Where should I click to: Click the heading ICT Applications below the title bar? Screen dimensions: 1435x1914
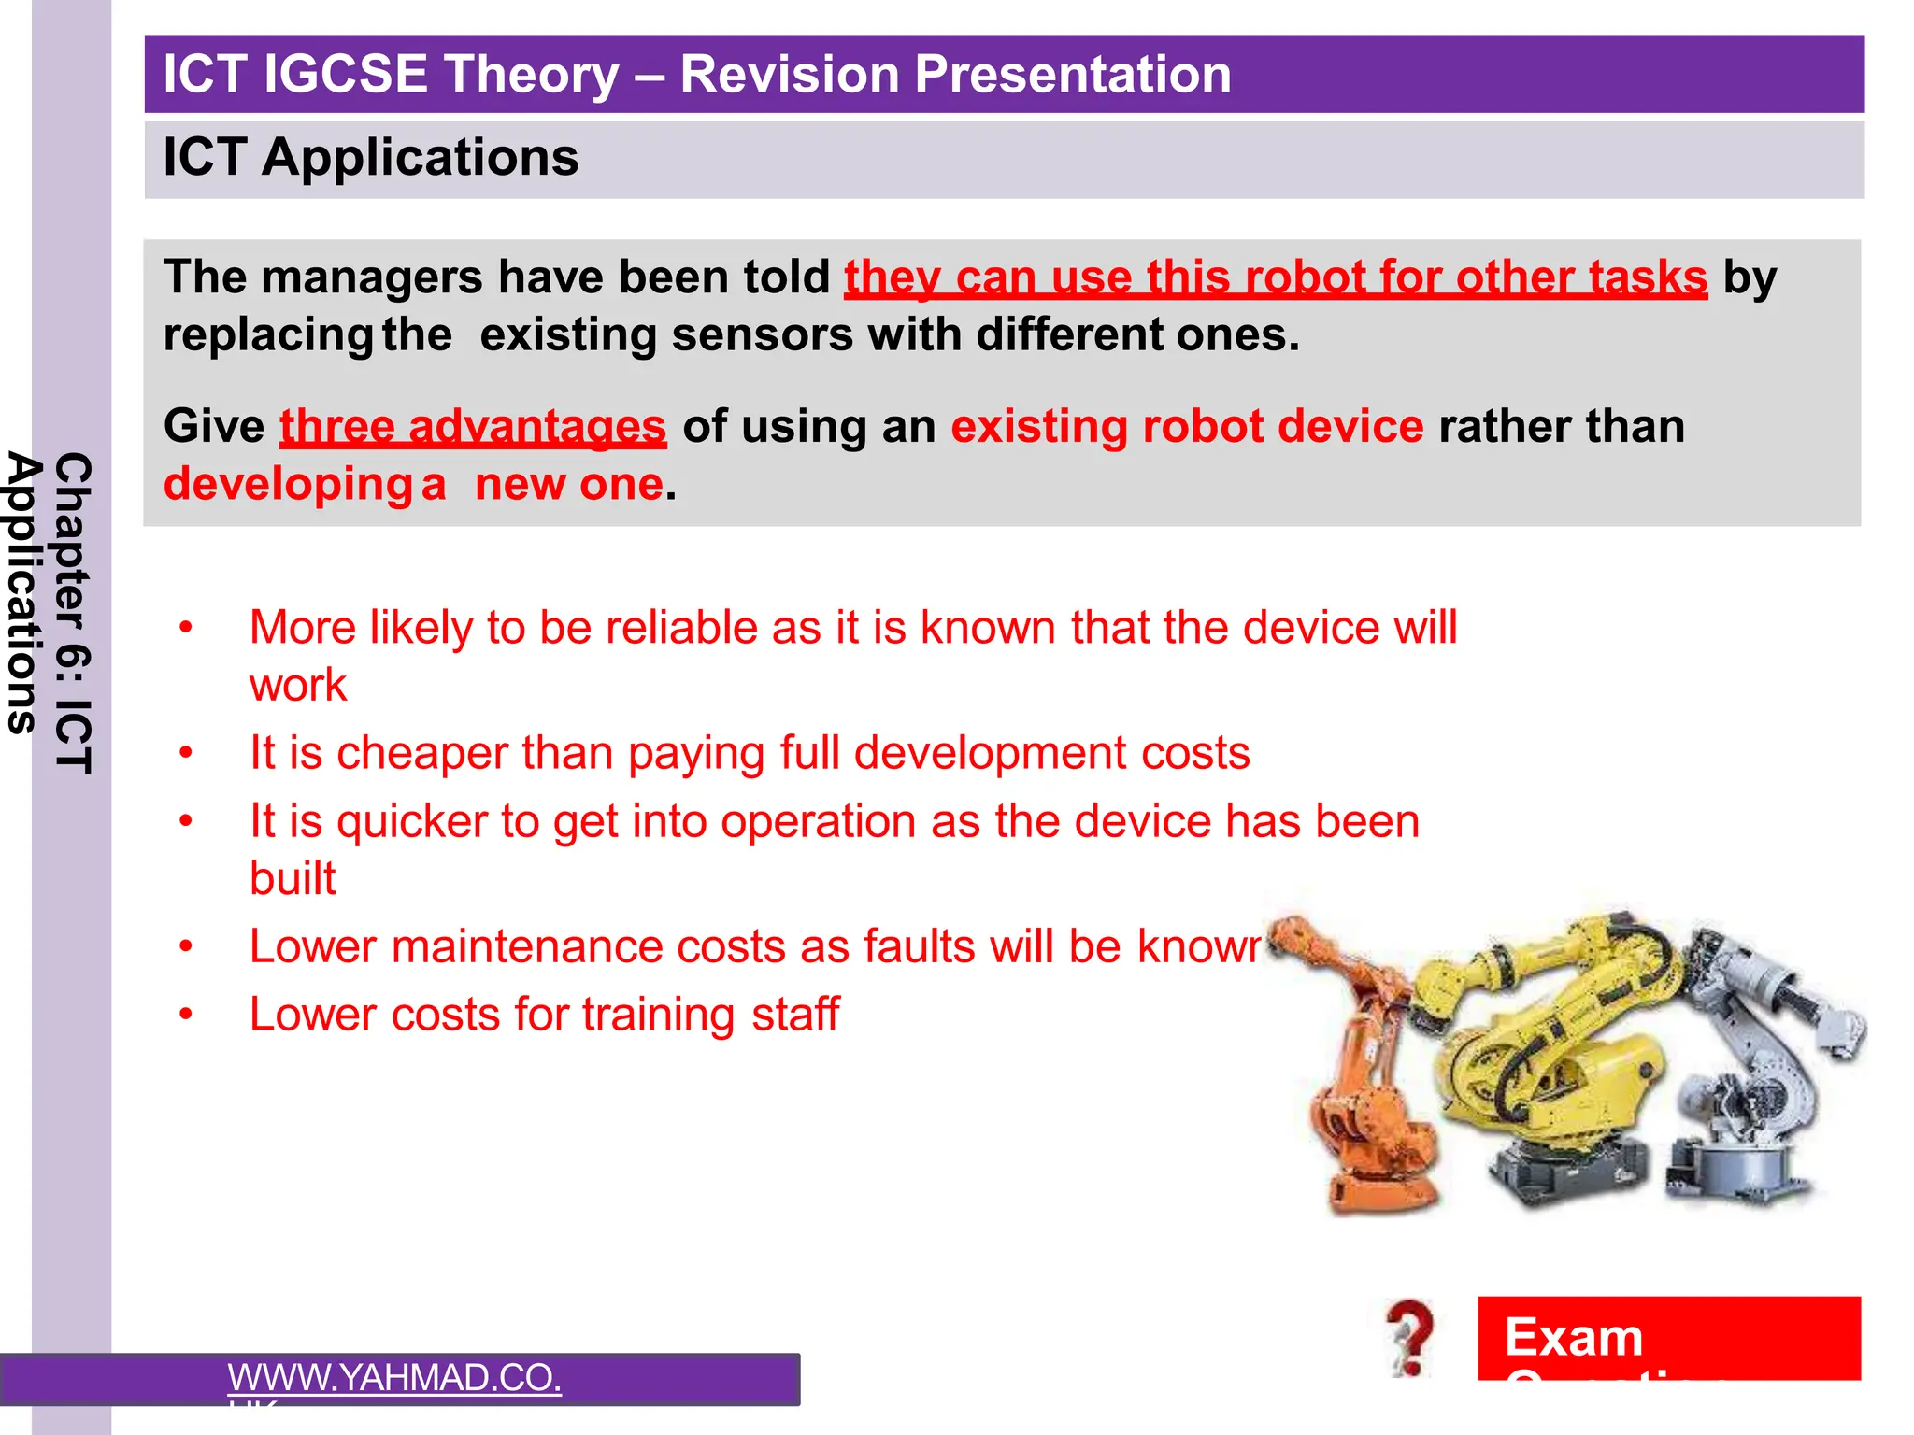pyautogui.click(x=370, y=157)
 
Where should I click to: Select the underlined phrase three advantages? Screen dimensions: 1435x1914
pyautogui.click(x=473, y=427)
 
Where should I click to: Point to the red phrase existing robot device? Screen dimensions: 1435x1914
pyautogui.click(x=1187, y=427)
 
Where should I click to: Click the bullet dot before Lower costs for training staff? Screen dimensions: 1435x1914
pyautogui.click(x=186, y=1015)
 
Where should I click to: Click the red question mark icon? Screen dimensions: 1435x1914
pyautogui.click(x=1409, y=1336)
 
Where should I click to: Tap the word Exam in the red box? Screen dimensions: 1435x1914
pyautogui.click(x=1574, y=1337)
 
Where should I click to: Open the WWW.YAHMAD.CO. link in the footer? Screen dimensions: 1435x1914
pyautogui.click(x=394, y=1378)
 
